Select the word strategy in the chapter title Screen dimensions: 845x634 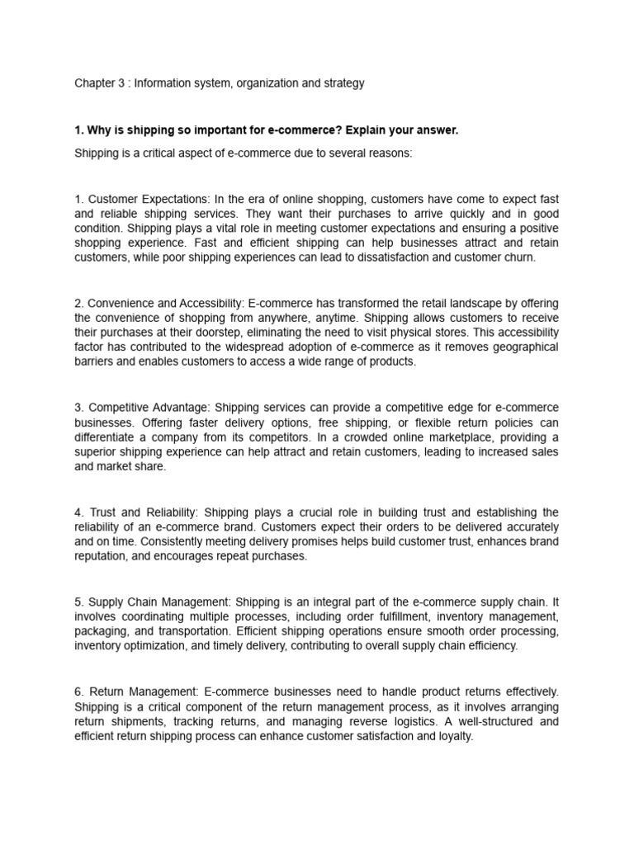343,83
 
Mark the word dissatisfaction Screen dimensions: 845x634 409,257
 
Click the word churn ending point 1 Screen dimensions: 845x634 519,257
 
